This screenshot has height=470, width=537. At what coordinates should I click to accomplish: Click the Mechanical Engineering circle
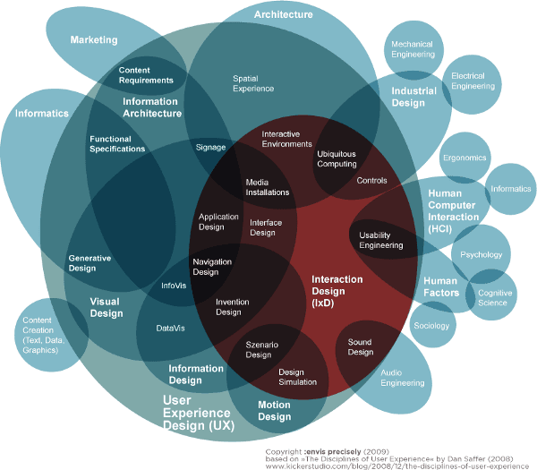click(x=411, y=48)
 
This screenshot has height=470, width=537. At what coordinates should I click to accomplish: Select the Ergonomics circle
click(x=464, y=158)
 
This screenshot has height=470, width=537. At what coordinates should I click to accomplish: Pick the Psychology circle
click(x=481, y=254)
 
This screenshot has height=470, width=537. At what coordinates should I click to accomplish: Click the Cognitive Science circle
click(x=493, y=297)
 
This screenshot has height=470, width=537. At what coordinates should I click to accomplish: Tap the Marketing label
click(x=94, y=40)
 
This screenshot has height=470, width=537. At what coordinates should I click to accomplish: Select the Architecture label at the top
click(x=283, y=15)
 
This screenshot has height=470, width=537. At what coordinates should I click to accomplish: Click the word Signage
click(x=210, y=146)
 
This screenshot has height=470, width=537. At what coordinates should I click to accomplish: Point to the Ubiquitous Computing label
click(x=337, y=158)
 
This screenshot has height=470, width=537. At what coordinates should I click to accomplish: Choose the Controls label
click(x=371, y=180)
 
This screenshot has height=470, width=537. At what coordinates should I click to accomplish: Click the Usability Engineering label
click(x=380, y=240)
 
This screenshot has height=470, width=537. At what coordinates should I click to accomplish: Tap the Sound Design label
click(x=360, y=347)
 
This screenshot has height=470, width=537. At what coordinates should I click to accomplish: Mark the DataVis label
click(x=170, y=329)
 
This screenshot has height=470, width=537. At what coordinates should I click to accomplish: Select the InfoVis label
click(x=173, y=286)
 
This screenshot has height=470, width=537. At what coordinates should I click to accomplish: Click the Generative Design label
click(x=89, y=262)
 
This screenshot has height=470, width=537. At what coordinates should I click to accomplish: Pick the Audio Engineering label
click(x=402, y=377)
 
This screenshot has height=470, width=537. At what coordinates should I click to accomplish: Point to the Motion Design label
click(x=275, y=410)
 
